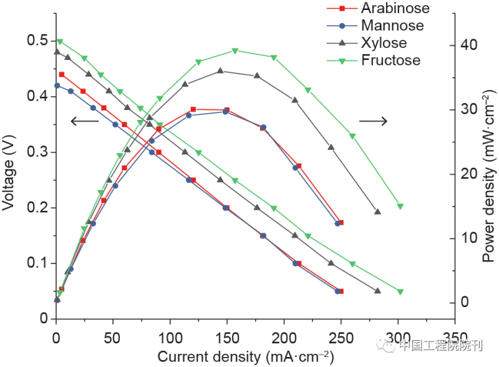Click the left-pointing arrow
click(84, 121)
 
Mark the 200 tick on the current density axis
click(284, 336)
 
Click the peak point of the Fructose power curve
click(235, 51)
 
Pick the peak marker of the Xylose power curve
click(220, 71)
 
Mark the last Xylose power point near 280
click(377, 212)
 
